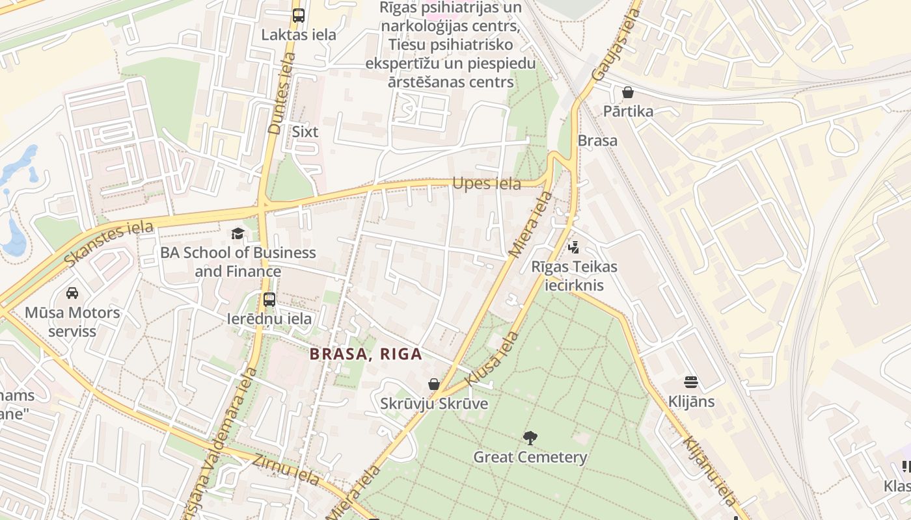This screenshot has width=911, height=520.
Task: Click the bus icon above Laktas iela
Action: pos(299,16)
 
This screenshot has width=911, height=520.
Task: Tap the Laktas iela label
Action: pos(299,34)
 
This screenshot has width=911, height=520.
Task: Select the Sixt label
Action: pos(305,131)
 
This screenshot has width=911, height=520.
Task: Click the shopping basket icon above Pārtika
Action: pos(628,92)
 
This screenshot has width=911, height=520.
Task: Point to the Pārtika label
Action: pos(628,111)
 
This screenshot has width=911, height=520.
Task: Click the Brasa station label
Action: pos(597,140)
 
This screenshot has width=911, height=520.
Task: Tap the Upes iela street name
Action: pos(487,184)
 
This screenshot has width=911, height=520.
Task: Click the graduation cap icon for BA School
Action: pos(238,233)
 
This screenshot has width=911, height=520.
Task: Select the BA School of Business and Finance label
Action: pos(238,262)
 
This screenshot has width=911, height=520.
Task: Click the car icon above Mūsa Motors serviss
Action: pos(72,293)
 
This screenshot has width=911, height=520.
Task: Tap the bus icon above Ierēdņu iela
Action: pos(269,300)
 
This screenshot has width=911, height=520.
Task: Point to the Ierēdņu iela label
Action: pos(269,319)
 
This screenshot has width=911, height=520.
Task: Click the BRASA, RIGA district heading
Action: pos(366,354)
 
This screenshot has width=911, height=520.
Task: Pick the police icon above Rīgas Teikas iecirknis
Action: pos(574,247)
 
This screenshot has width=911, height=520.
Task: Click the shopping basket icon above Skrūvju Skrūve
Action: pos(434,385)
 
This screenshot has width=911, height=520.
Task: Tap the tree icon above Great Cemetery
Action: pos(530,437)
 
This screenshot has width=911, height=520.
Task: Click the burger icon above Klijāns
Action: pos(691,382)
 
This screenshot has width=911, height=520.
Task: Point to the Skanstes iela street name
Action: pos(109,243)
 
